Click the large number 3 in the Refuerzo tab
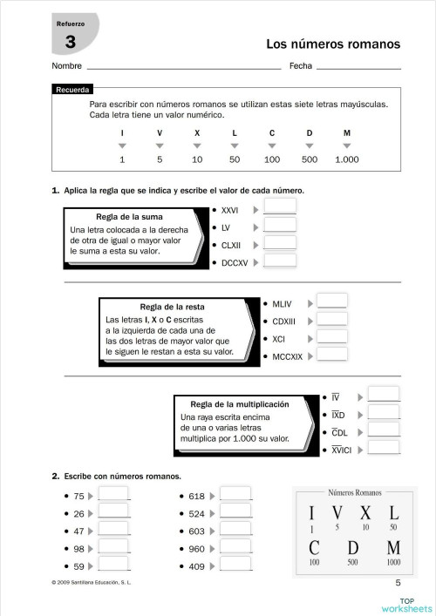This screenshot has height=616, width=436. (x=69, y=41)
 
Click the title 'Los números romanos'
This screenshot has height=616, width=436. (x=332, y=44)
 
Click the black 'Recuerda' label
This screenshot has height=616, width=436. (x=72, y=90)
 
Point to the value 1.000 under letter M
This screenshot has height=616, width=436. (x=346, y=160)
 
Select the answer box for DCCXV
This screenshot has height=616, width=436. (x=279, y=261)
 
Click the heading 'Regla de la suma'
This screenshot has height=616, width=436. (x=129, y=217)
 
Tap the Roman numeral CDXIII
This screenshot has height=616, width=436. (x=284, y=321)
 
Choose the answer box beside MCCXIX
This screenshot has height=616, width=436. (x=332, y=355)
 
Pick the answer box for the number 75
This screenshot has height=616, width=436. (x=113, y=496)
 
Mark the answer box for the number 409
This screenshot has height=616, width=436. (x=235, y=565)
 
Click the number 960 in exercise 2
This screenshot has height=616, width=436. (x=196, y=549)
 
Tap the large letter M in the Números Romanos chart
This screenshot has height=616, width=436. (x=392, y=549)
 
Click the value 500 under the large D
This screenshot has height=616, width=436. (x=352, y=563)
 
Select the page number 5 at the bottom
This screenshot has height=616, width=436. (x=399, y=583)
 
